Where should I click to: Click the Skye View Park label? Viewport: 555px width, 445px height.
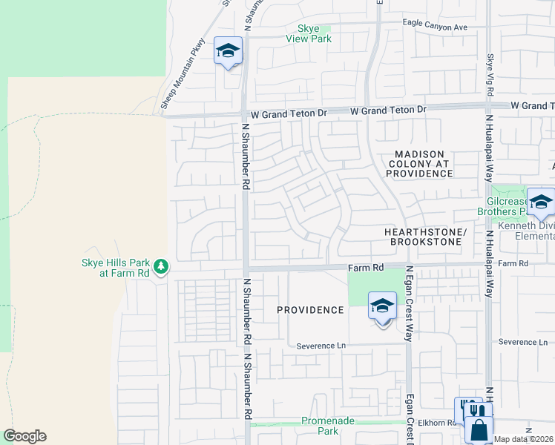coord(309,33)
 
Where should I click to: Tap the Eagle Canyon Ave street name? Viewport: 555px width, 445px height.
coord(435,27)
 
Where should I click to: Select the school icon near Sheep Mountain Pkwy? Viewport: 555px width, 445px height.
coord(228,51)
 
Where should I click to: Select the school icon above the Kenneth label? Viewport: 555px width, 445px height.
coord(541,202)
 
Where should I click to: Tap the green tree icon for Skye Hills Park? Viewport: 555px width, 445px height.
coord(161,266)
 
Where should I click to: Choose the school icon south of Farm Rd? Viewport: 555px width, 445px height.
coord(382,306)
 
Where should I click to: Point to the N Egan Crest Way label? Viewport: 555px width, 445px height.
coord(408,303)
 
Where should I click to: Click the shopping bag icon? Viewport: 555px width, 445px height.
coord(479,428)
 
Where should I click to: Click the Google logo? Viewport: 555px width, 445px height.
coord(24,436)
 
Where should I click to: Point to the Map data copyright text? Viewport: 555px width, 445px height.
coord(524,439)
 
